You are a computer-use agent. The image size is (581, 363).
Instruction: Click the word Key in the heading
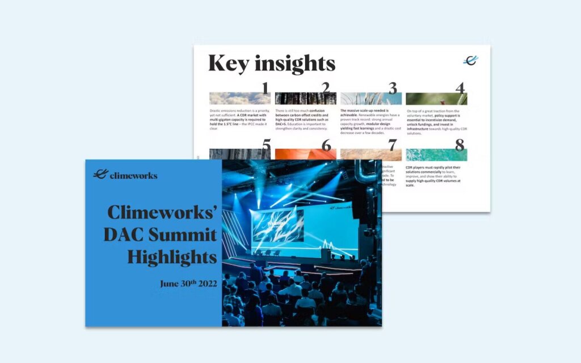coord(228,63)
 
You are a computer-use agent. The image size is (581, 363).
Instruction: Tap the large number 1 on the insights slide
coord(264,88)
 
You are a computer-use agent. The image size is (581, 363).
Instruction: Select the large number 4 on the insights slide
coord(460,88)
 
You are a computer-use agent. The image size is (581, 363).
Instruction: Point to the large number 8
coord(459,145)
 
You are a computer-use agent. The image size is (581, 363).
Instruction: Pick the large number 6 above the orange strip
coord(326,145)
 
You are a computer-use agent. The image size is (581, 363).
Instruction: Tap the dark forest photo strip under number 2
coord(305,99)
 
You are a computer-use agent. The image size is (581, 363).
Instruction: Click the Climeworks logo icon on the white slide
coord(470,60)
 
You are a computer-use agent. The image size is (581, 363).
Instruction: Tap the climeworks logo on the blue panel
coord(125,175)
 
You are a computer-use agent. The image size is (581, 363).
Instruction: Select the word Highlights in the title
coord(172,257)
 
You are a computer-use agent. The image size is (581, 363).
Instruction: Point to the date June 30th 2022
coord(188,284)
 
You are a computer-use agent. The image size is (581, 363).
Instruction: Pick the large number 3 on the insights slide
coord(393,88)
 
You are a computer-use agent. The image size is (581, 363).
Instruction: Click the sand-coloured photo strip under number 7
coord(371,155)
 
